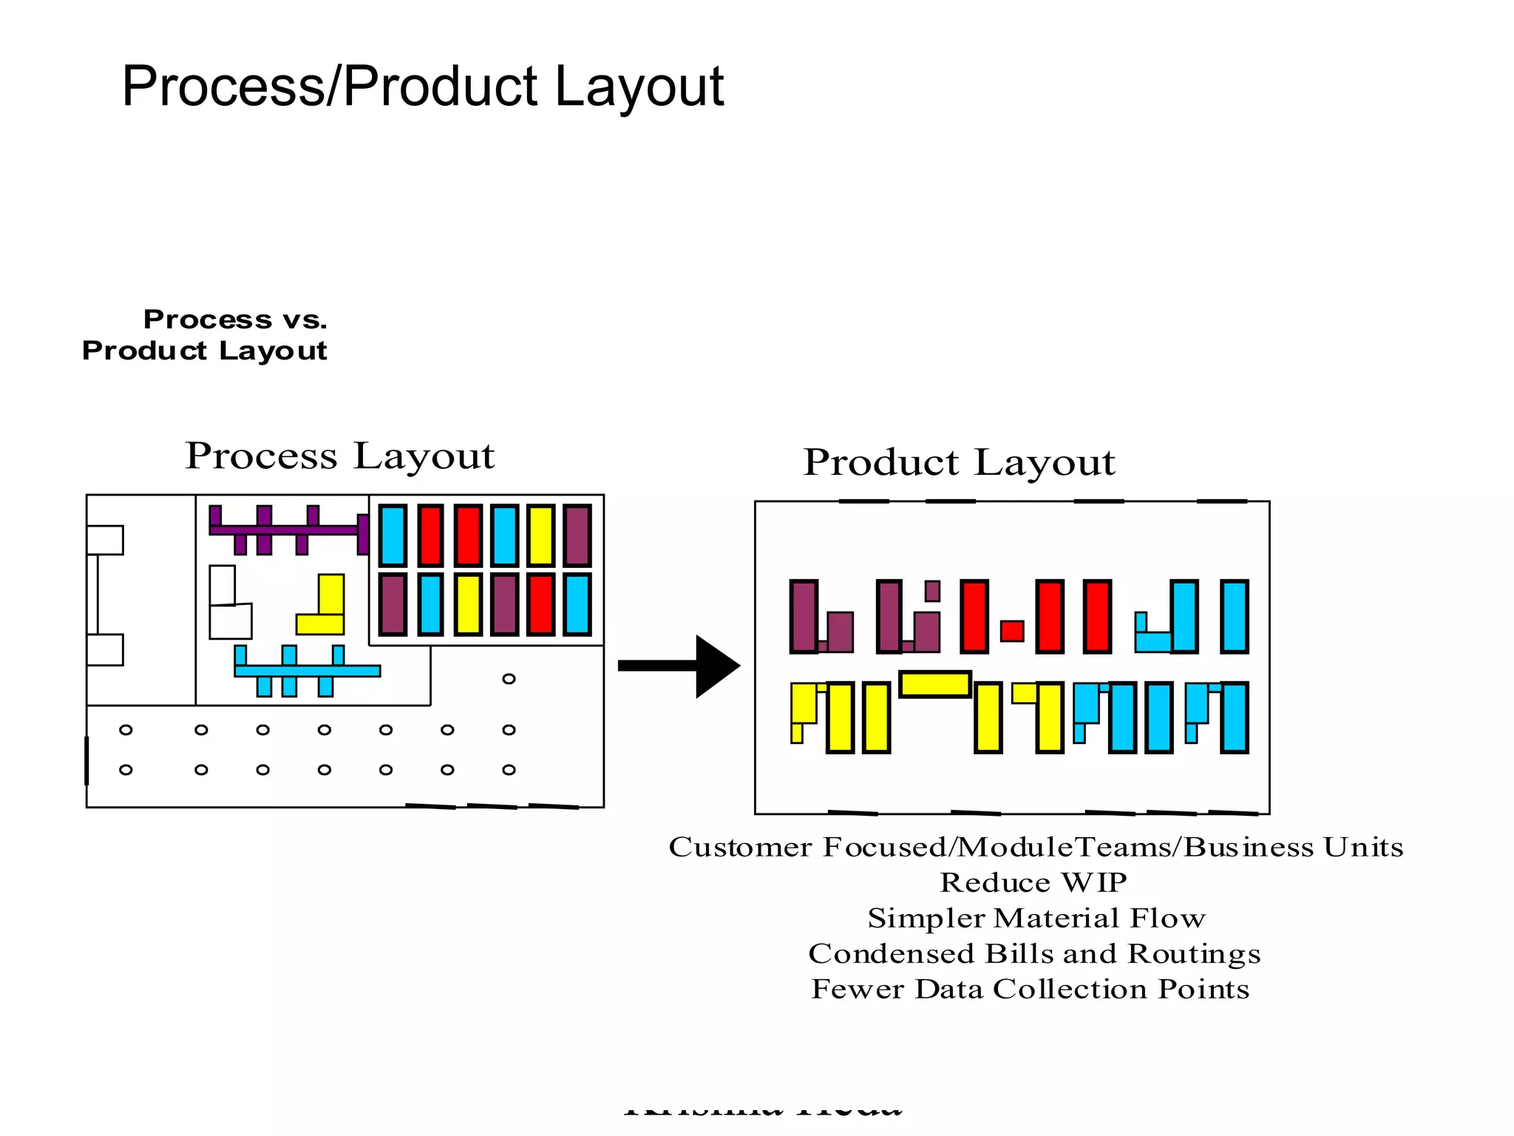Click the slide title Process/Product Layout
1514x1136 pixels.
click(422, 87)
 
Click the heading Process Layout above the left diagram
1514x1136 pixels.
click(339, 456)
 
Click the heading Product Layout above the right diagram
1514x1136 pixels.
click(959, 462)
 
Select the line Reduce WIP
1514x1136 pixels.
click(1033, 882)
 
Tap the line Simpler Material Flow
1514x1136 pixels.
click(1036, 918)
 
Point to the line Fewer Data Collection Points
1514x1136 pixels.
click(1030, 989)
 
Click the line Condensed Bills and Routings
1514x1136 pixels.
click(1034, 953)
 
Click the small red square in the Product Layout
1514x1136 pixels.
click(1011, 631)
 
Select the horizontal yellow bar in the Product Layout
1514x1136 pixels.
click(934, 684)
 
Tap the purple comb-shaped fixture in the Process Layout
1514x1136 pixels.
click(285, 530)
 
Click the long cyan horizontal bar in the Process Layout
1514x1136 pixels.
click(307, 671)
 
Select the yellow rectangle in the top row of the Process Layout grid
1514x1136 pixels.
click(540, 535)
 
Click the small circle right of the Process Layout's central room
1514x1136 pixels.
click(509, 679)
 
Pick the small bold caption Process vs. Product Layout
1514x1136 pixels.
click(205, 335)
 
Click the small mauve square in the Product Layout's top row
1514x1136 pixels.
click(932, 591)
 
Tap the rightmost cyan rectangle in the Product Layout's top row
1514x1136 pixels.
click(1234, 617)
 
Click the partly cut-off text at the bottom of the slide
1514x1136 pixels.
click(763, 1109)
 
